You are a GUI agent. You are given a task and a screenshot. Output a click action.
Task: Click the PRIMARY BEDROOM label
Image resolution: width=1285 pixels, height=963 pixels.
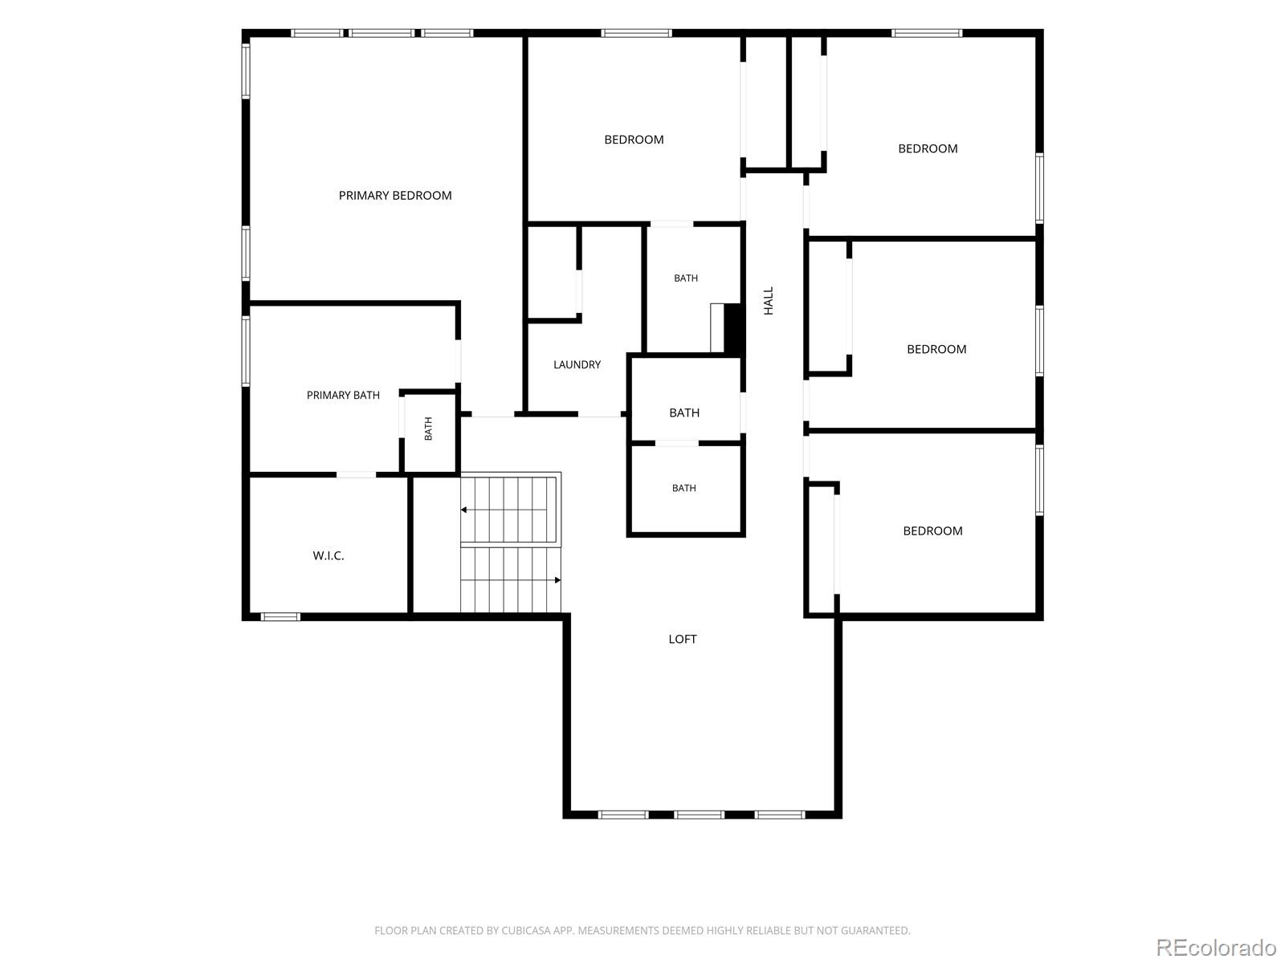[394, 195]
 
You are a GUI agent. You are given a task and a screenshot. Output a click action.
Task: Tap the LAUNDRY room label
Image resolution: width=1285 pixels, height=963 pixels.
[577, 364]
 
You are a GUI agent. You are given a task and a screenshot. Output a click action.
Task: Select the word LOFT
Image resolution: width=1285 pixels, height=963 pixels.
[682, 639]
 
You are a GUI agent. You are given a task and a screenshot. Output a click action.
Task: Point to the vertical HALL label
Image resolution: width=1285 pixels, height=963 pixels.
[768, 300]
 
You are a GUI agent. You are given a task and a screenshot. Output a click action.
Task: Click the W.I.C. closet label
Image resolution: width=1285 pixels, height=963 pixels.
[328, 555]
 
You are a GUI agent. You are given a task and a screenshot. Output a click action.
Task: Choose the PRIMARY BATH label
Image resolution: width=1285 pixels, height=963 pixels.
[343, 396]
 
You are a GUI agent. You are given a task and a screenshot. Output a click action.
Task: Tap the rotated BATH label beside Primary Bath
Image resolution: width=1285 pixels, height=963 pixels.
[428, 429]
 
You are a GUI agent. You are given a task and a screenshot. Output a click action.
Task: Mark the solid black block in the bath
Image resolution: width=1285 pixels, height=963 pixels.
[733, 328]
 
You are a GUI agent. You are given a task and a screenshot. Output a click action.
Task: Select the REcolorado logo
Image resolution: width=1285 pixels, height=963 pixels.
[1216, 946]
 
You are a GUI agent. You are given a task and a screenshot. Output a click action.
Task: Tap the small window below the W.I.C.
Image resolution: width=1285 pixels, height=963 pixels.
[280, 616]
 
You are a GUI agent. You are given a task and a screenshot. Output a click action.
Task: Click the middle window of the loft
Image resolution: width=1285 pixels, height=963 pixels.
[699, 814]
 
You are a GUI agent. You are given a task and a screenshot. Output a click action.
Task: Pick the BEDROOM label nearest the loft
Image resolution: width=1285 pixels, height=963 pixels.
[932, 531]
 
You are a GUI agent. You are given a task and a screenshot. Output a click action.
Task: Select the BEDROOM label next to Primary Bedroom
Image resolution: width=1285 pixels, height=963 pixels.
[634, 140]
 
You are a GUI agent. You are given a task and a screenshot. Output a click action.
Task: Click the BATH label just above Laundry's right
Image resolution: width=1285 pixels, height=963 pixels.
[686, 278]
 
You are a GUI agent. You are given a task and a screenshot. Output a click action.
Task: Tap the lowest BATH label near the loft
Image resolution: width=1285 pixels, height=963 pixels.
[683, 488]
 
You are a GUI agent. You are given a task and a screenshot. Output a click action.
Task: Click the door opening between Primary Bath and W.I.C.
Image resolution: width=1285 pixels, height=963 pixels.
[356, 474]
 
